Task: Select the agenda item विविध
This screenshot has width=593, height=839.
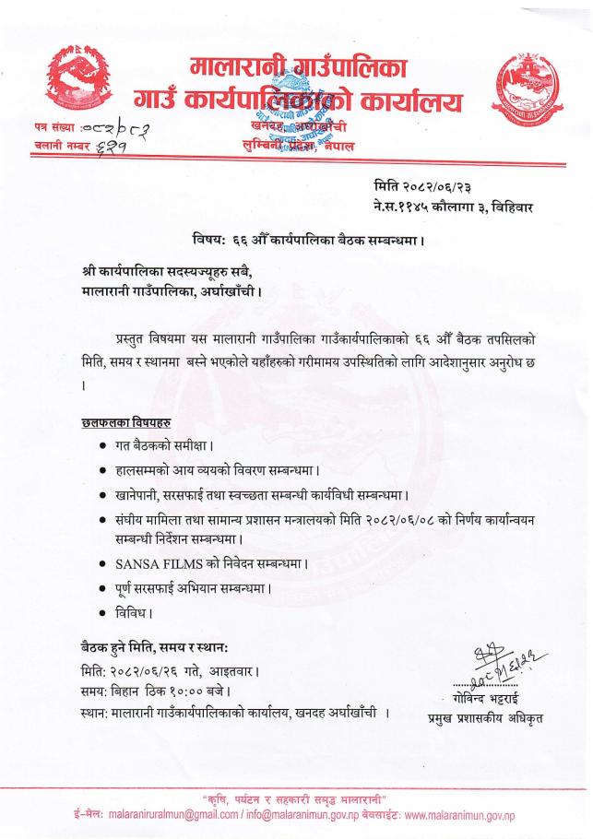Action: [131, 611]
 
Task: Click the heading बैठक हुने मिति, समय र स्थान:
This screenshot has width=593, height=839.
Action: [161, 645]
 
